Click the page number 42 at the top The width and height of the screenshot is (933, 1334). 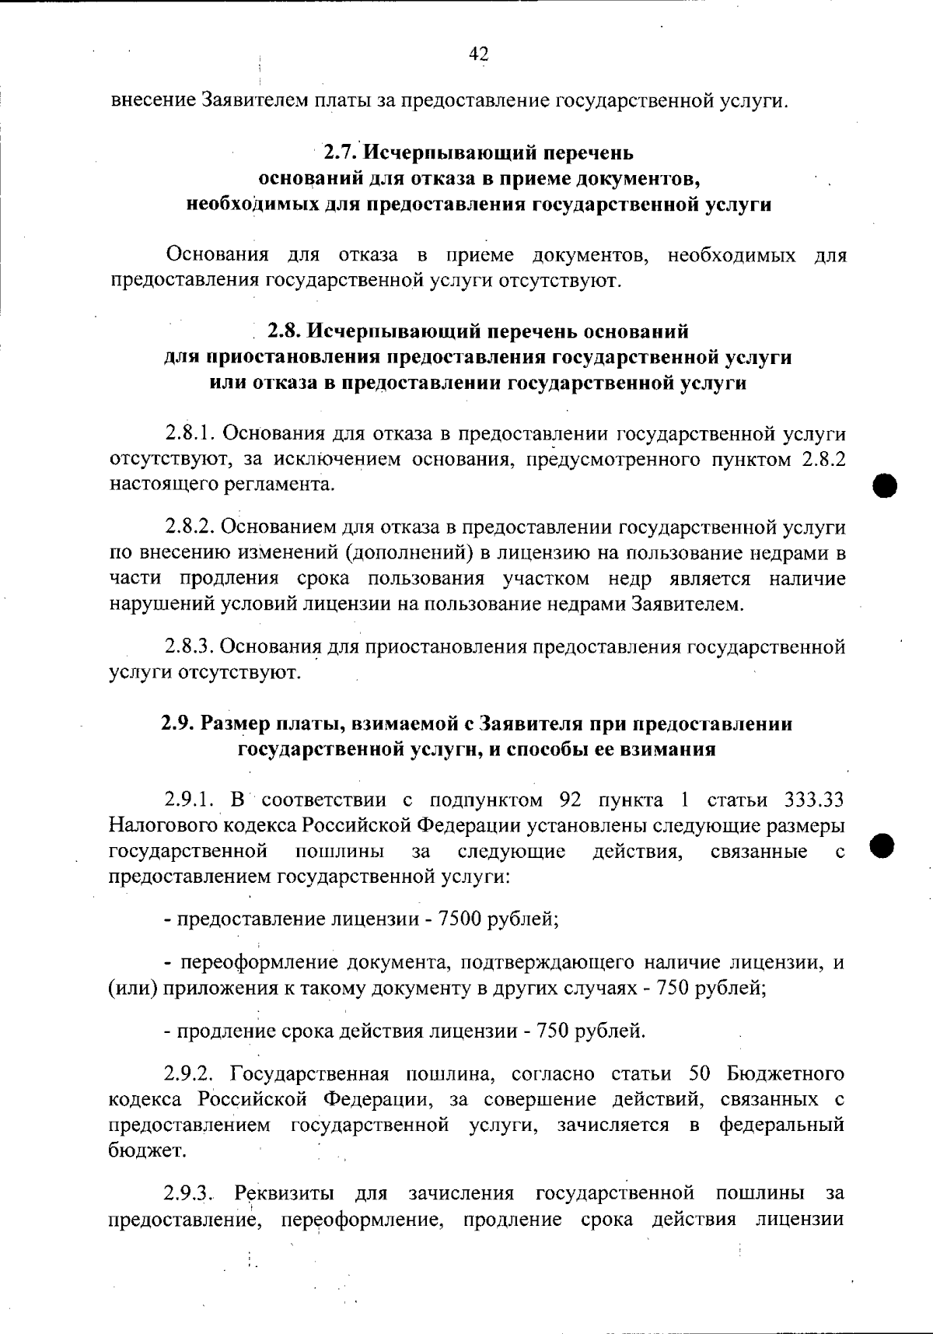(478, 54)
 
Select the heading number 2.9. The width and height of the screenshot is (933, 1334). (179, 723)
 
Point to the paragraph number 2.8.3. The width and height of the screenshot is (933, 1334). (190, 646)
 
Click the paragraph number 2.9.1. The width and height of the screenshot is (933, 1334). (190, 800)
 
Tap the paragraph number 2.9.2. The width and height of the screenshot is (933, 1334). (190, 1074)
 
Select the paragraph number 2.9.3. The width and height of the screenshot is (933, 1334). (190, 1192)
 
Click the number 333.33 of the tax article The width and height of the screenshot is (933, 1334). (812, 800)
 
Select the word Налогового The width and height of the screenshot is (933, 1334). (164, 825)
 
